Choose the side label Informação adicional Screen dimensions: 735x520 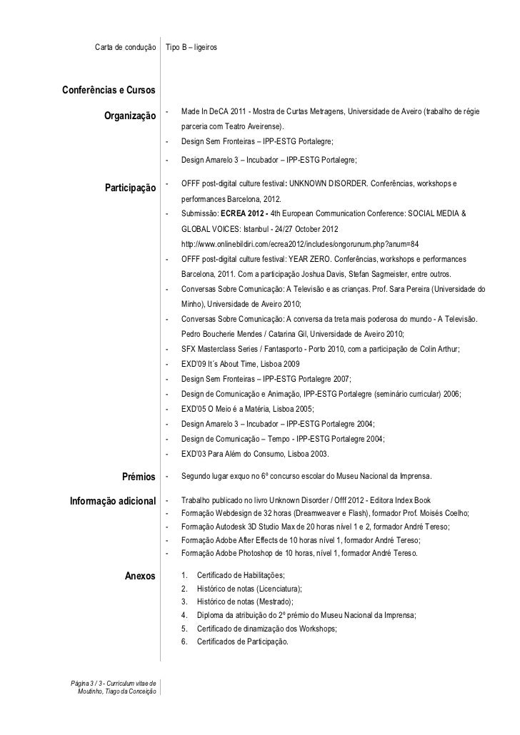click(112, 504)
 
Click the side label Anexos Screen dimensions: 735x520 click(140, 577)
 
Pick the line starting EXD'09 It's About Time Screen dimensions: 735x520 click(236, 364)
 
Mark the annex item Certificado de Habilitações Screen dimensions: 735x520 click(240, 576)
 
